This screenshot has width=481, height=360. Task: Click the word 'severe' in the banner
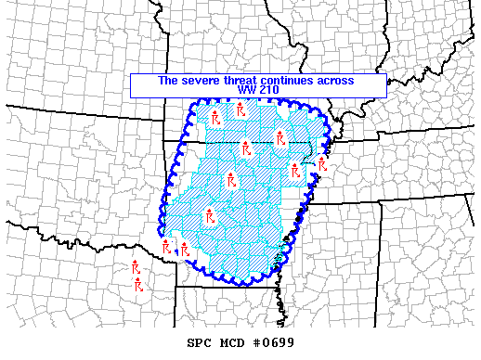199,81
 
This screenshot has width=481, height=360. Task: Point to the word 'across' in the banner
336,81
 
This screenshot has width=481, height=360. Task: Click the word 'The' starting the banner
168,81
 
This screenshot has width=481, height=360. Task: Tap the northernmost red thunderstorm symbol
239,109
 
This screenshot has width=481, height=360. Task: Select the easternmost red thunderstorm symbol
322,164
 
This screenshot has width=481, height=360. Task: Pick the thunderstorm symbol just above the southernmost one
135,268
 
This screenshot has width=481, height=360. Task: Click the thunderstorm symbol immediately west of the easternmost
295,170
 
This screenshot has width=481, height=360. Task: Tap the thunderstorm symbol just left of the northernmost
214,118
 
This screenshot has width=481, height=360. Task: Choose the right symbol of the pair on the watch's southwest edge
185,250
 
